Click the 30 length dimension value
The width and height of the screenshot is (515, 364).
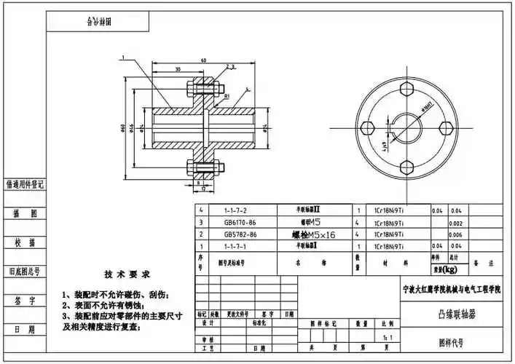pyautogui.click(x=178, y=70)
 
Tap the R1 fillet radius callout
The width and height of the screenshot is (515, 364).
pyautogui.click(x=227, y=96)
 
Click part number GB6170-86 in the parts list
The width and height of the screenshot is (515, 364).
pyautogui.click(x=240, y=222)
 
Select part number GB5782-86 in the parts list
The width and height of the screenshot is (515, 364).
pyautogui.click(x=240, y=234)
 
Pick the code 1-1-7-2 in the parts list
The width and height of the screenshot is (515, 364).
pyautogui.click(x=235, y=210)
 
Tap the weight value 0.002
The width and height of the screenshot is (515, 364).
pyautogui.click(x=456, y=222)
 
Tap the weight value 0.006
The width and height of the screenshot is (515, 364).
pyautogui.click(x=456, y=234)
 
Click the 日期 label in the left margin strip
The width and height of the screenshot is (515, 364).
pyautogui.click(x=25, y=330)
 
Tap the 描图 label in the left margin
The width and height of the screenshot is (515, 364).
pyautogui.click(x=25, y=214)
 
